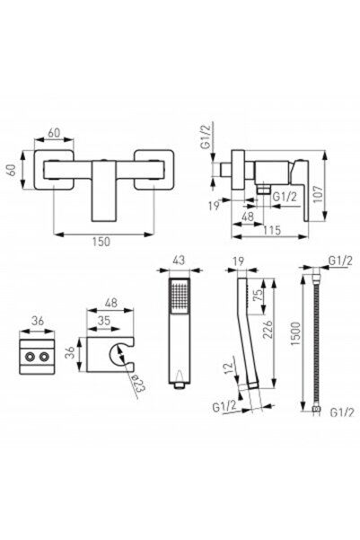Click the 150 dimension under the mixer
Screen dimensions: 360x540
click(101, 242)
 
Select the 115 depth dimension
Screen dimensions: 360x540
click(272, 230)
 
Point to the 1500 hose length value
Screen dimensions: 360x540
click(295, 333)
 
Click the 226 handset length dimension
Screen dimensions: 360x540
click(267, 330)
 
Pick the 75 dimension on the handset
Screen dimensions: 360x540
click(258, 295)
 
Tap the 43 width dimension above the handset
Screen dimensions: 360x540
click(178, 260)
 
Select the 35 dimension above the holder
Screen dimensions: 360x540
click(103, 321)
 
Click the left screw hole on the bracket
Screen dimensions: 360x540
click(30, 357)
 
